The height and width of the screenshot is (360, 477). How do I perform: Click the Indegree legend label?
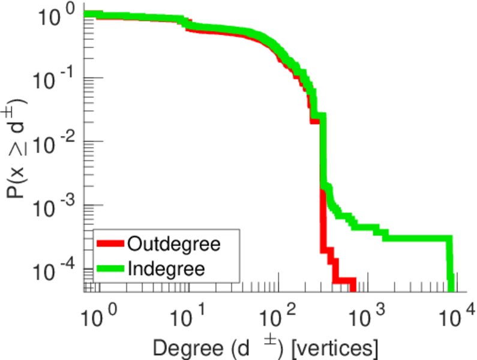166,268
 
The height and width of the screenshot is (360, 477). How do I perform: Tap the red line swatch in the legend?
110,244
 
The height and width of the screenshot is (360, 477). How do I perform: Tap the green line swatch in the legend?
110,268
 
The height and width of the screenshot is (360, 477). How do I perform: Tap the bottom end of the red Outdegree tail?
353,283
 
